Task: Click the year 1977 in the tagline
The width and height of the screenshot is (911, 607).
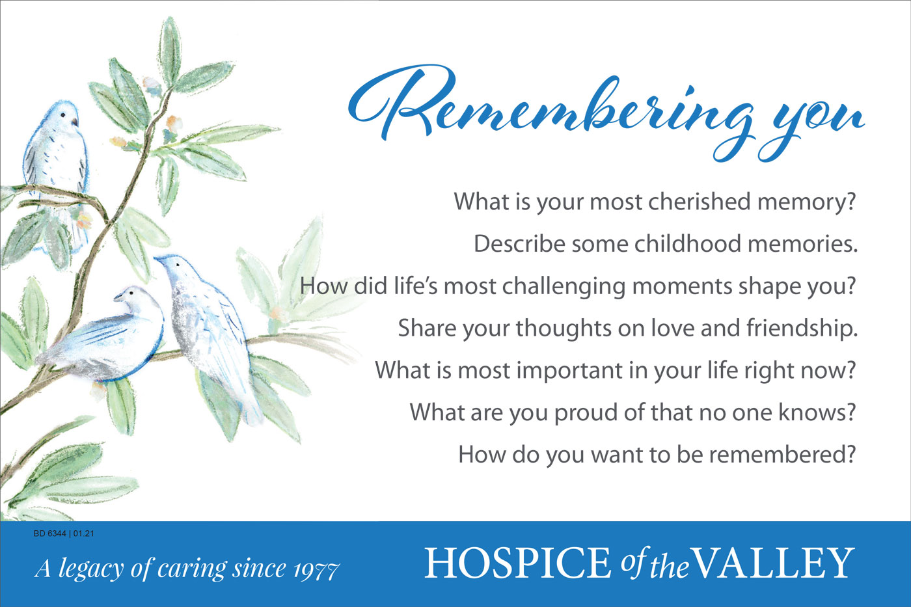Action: point(316,570)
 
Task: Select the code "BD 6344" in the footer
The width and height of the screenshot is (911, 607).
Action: point(49,533)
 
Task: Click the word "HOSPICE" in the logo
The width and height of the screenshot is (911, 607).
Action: point(517,563)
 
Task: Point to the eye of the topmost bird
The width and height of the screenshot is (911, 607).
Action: point(63,115)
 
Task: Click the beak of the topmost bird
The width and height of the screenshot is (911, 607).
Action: point(74,122)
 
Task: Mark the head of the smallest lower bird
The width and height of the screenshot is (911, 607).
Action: point(131,297)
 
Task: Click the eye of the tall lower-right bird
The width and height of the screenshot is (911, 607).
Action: point(178,264)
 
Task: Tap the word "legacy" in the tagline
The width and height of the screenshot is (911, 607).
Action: point(91,569)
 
